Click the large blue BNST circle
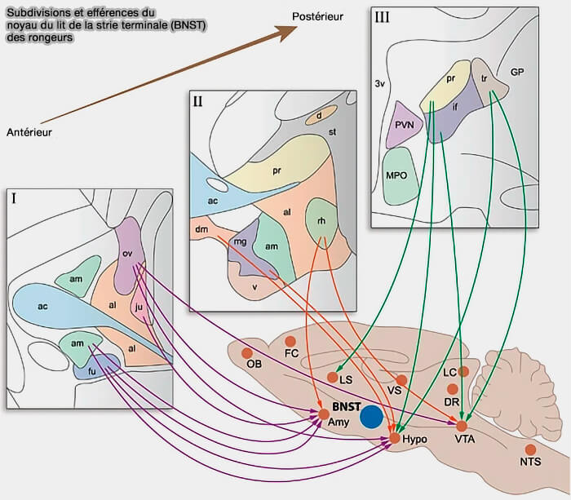(x=372, y=416)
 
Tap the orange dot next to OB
(x=246, y=353)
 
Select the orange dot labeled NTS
(x=530, y=449)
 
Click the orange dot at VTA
(x=461, y=426)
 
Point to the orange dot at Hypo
(x=395, y=439)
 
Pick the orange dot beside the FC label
(x=290, y=341)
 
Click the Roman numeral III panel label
(x=382, y=16)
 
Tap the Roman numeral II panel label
(x=198, y=102)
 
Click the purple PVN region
(x=401, y=125)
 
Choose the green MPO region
(x=401, y=175)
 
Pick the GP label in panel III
(x=516, y=72)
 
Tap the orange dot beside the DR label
(x=453, y=388)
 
